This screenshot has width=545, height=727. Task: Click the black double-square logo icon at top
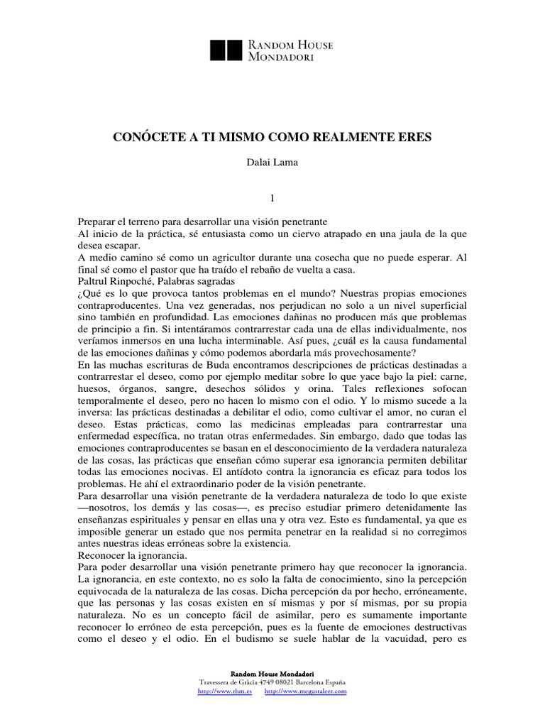(227, 50)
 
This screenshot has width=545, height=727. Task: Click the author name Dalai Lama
(272, 163)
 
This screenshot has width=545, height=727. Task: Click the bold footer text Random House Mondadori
(272, 673)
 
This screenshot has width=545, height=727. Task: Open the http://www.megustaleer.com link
(305, 691)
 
